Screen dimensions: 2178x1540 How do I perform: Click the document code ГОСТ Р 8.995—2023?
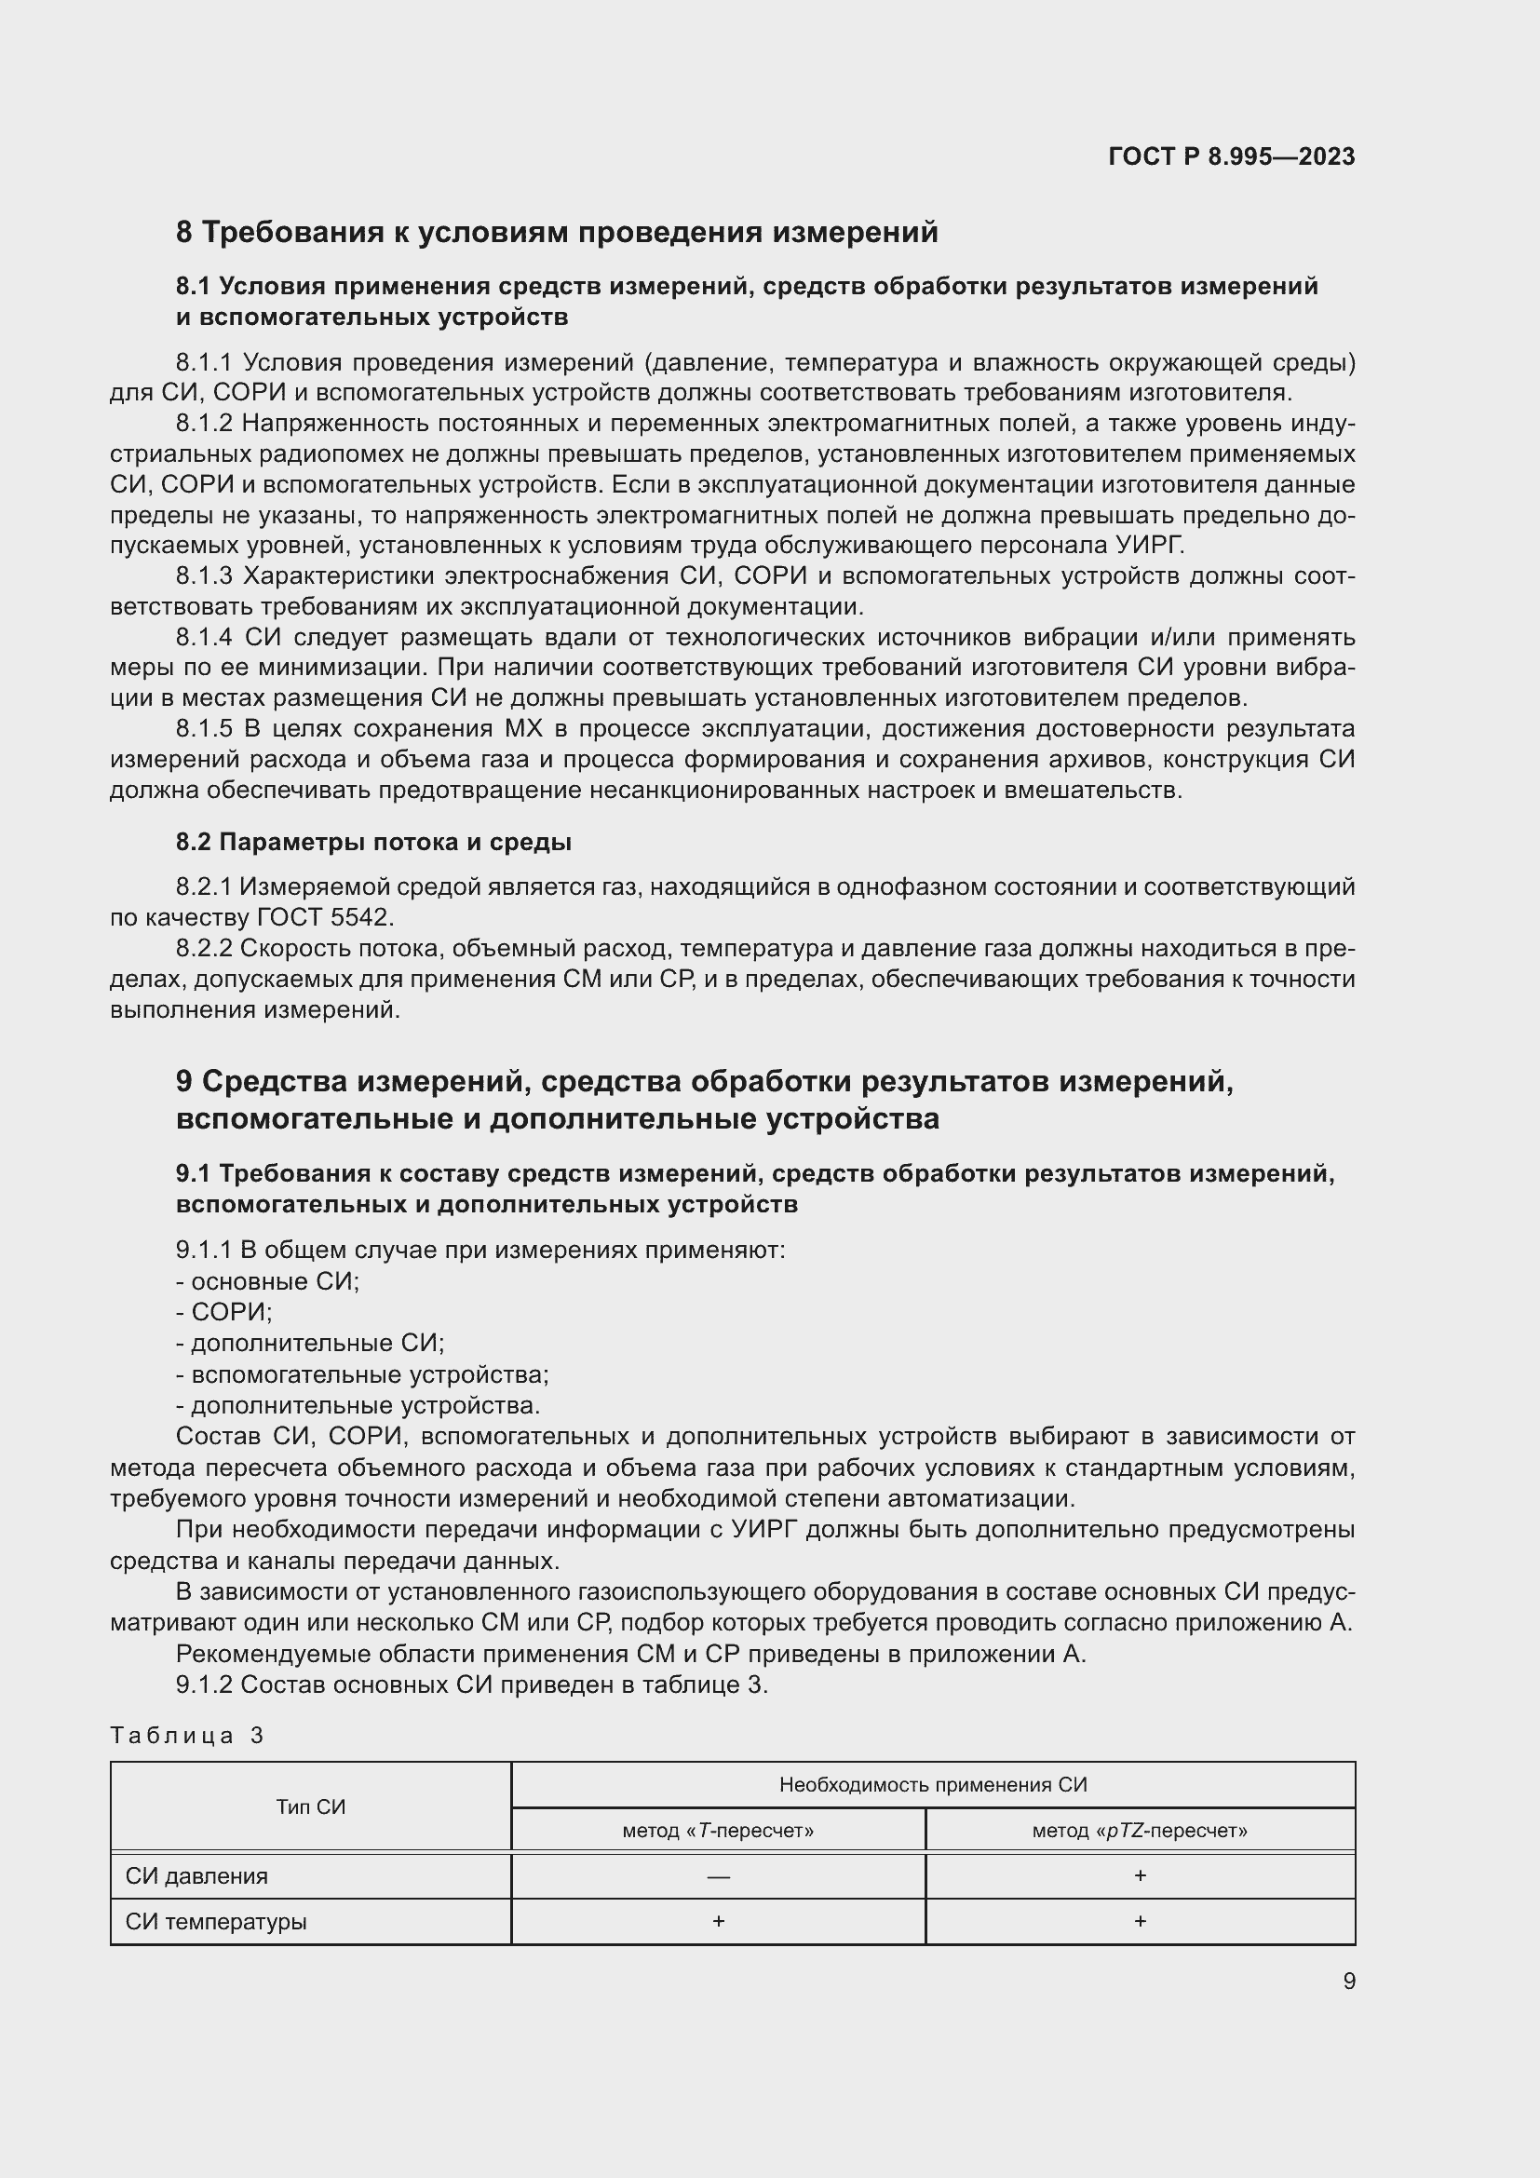pyautogui.click(x=1231, y=156)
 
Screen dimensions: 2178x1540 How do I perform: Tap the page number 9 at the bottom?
pyautogui.click(x=1348, y=1981)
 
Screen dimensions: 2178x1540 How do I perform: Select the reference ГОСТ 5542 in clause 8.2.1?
pyautogui.click(x=323, y=917)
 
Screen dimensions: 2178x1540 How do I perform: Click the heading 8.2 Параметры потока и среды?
pyautogui.click(x=372, y=842)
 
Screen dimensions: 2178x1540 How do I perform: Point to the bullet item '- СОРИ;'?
pyautogui.click(x=223, y=1312)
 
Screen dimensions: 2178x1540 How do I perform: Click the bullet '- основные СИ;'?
pyautogui.click(x=267, y=1280)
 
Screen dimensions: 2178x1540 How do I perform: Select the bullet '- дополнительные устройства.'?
pyautogui.click(x=358, y=1405)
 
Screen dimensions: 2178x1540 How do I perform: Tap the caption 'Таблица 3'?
pyautogui.click(x=187, y=1735)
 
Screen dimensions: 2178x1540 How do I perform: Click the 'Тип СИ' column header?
pyautogui.click(x=310, y=1807)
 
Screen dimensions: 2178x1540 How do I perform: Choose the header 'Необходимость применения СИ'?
pyautogui.click(x=932, y=1785)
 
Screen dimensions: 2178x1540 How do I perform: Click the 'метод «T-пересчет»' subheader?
pyautogui.click(x=718, y=1831)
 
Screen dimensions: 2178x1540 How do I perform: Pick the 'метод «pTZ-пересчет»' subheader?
pyautogui.click(x=1139, y=1831)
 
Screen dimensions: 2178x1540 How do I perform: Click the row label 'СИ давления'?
pyautogui.click(x=196, y=1876)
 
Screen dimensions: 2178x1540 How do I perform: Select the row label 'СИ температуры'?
pyautogui.click(x=216, y=1922)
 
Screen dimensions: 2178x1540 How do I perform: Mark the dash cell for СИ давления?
pyautogui.click(x=718, y=1876)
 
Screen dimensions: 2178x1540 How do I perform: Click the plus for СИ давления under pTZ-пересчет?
pyautogui.click(x=1140, y=1875)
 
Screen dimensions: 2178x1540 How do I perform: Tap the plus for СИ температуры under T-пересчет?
pyautogui.click(x=718, y=1921)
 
